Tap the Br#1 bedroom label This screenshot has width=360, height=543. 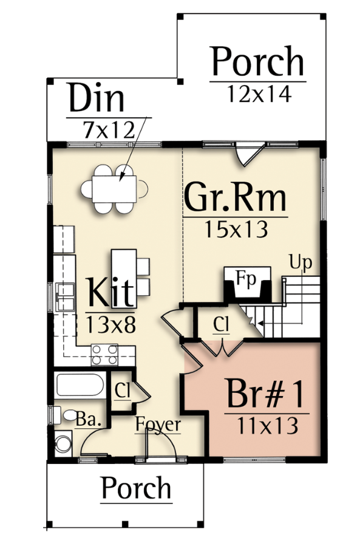(266, 394)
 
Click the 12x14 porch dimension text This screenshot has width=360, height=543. (259, 94)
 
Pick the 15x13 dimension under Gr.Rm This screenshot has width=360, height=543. (236, 229)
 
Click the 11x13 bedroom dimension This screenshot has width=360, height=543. (267, 425)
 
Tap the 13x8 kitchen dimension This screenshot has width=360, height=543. (110, 325)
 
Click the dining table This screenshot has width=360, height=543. (114, 189)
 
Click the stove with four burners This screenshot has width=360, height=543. (104, 355)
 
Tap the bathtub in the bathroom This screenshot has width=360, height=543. (80, 384)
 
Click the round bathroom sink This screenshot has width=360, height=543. (63, 444)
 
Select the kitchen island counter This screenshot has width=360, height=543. (124, 278)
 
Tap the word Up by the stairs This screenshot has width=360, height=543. (301, 262)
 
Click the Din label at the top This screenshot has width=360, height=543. (97, 97)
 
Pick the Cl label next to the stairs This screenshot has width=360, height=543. (221, 324)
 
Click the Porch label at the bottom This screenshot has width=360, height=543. (137, 487)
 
